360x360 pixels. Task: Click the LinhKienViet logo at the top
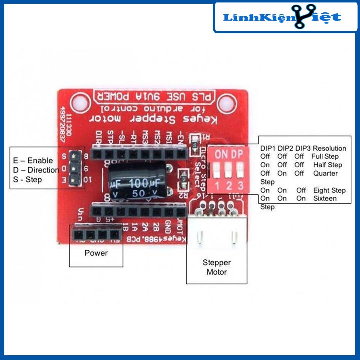[282, 18]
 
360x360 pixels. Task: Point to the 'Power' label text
[96, 253]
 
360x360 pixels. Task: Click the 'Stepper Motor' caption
[216, 267]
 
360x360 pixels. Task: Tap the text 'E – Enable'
[33, 161]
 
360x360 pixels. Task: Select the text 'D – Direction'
[36, 170]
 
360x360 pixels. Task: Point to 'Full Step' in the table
[324, 157]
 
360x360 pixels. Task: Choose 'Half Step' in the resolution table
[327, 165]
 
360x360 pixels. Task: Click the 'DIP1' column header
[268, 148]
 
